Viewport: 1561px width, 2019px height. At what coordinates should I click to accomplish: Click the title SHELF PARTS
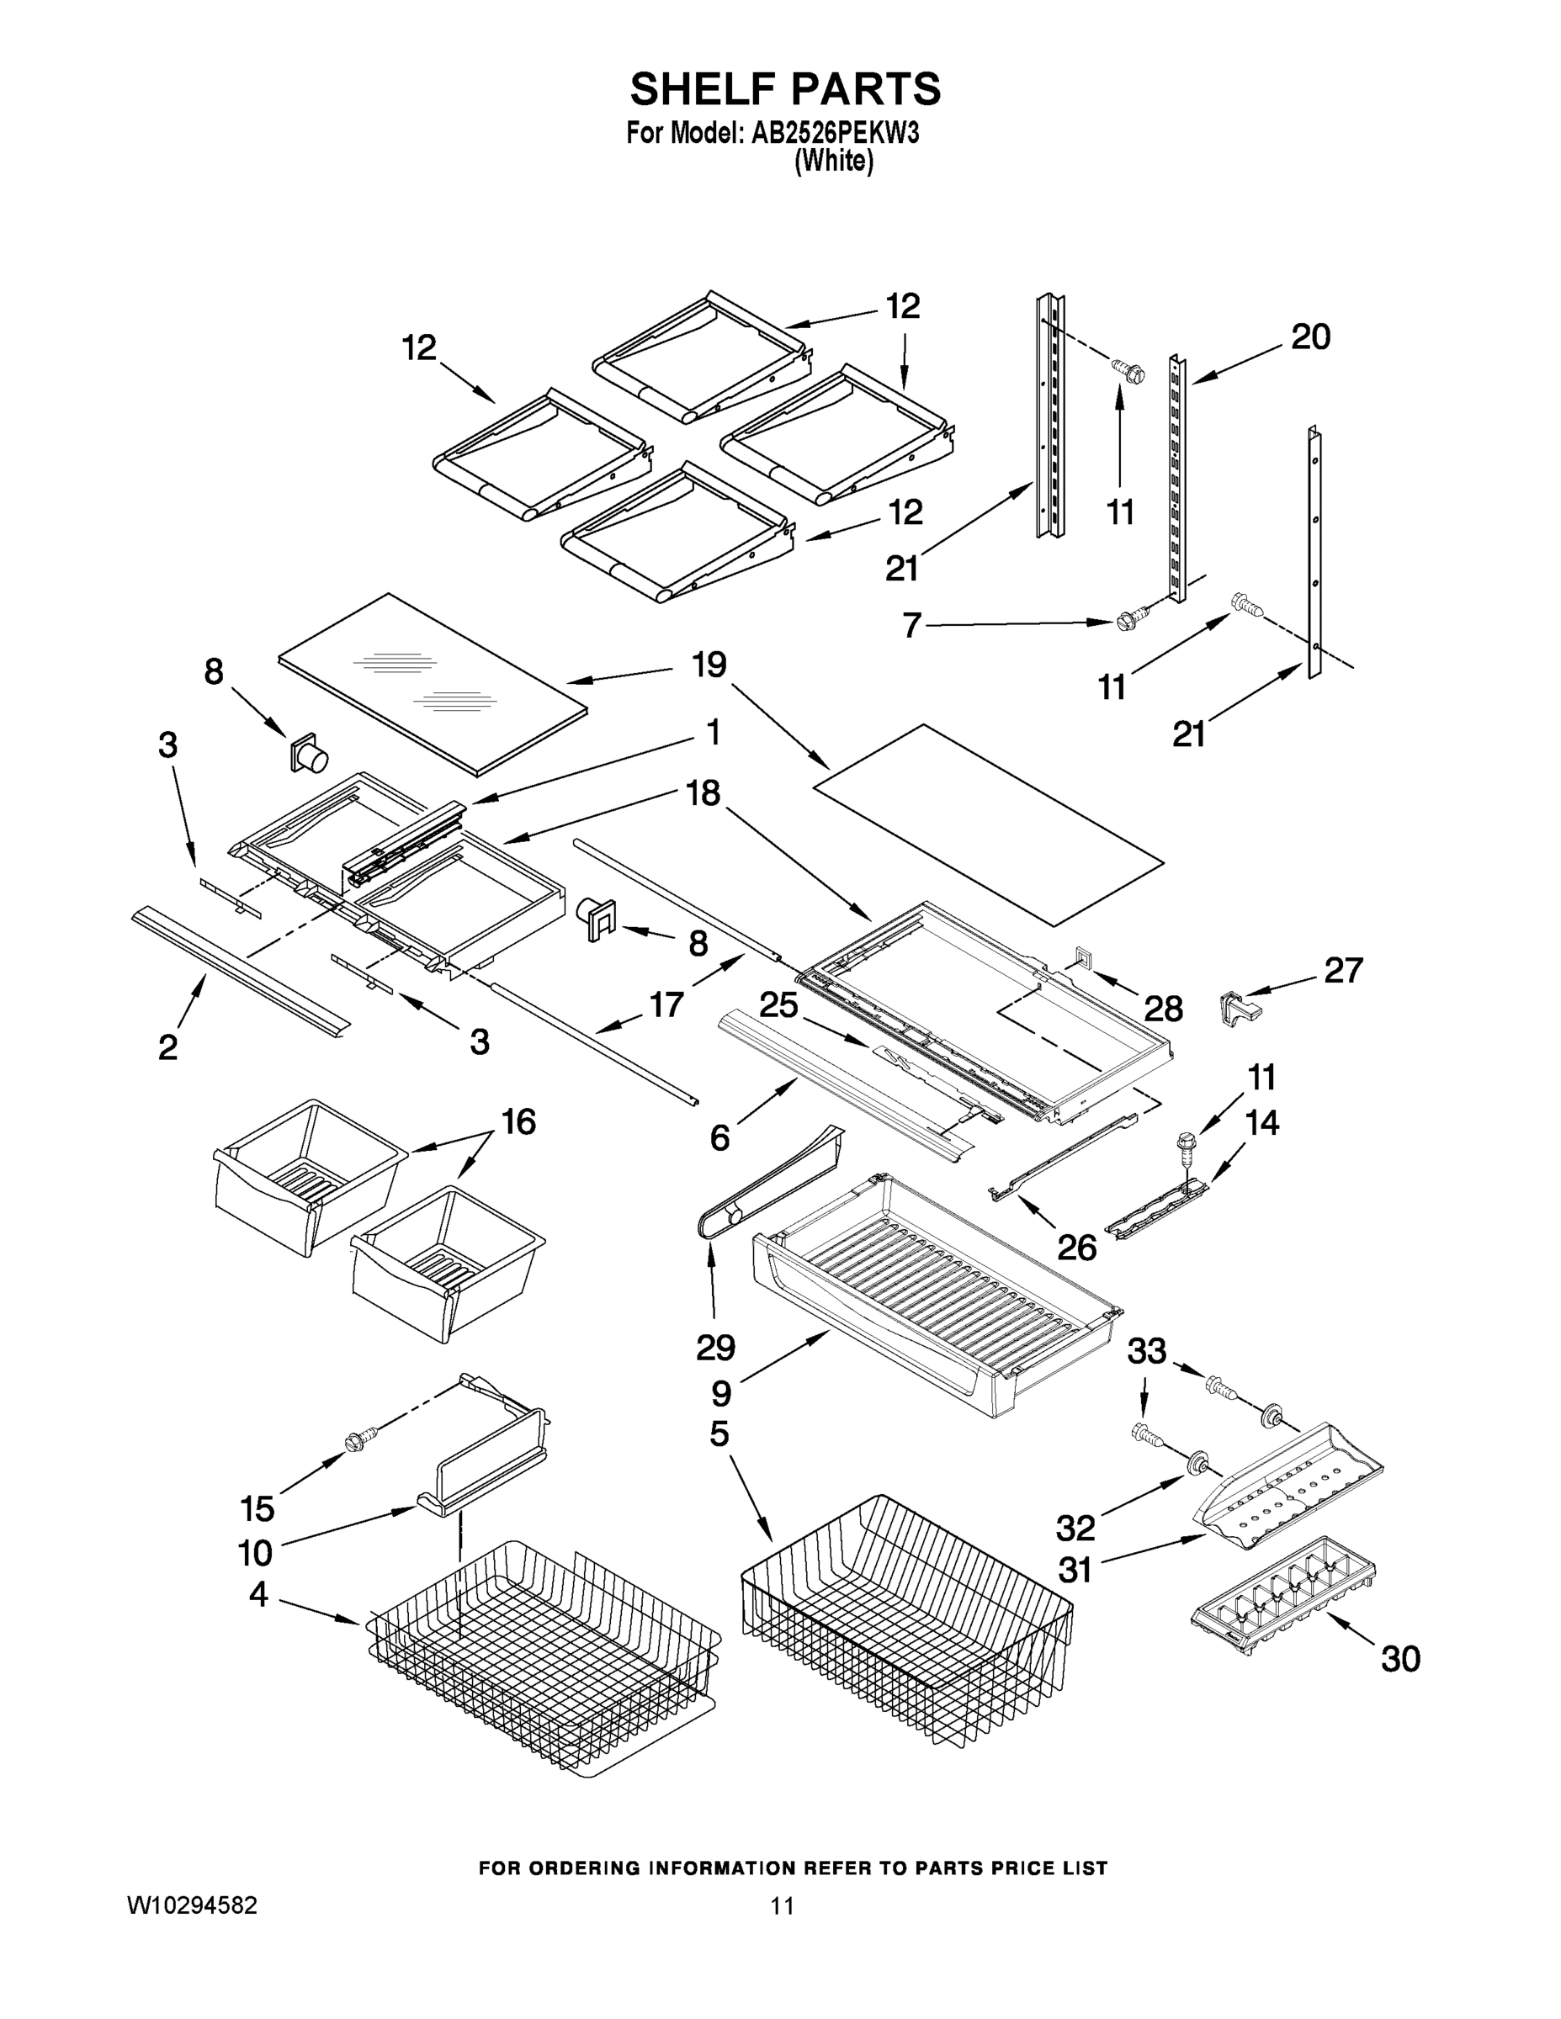[785, 90]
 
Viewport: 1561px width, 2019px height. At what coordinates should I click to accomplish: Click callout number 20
[1310, 337]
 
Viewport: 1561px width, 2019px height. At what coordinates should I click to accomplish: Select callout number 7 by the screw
[912, 626]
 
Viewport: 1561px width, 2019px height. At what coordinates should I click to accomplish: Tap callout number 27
[1343, 970]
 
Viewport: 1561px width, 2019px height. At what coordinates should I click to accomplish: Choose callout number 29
[714, 1348]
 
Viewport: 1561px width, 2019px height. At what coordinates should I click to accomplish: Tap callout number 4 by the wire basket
[258, 1594]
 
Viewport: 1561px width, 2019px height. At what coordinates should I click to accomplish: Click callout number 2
[167, 1047]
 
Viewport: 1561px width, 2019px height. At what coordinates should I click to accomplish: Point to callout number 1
[712, 733]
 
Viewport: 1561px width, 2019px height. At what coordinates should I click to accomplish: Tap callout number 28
[1163, 1009]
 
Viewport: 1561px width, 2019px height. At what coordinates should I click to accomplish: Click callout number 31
[1075, 1570]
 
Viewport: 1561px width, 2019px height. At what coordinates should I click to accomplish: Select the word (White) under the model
[834, 161]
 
